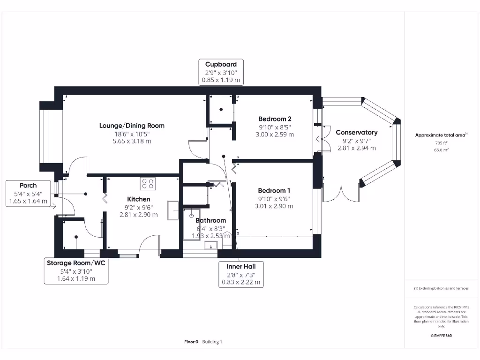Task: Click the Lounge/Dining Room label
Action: point(132,126)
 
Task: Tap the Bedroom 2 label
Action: point(275,119)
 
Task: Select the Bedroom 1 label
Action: point(274,190)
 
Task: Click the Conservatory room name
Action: point(357,133)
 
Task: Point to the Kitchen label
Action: point(139,199)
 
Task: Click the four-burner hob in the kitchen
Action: point(148,183)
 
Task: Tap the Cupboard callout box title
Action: point(221,64)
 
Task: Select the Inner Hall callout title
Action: point(241,266)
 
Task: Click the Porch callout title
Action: point(28,185)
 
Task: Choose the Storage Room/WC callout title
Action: point(76,263)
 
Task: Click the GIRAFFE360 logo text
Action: point(441,336)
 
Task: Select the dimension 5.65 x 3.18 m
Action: point(132,141)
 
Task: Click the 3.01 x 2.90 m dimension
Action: point(274,206)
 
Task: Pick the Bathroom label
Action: point(210,220)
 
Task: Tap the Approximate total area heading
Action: point(441,135)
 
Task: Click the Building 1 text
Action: point(212,342)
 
